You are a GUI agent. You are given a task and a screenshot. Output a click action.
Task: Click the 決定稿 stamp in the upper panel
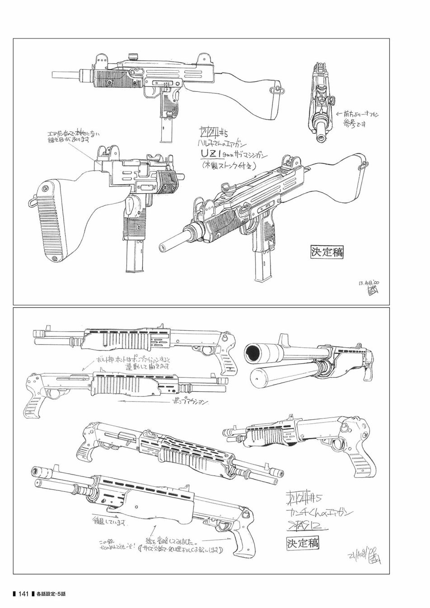327,252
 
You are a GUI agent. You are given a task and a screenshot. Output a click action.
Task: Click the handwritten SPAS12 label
307,526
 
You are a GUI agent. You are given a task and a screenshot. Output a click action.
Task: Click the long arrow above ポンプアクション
140,399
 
